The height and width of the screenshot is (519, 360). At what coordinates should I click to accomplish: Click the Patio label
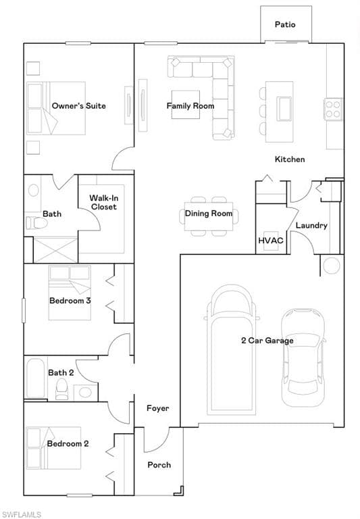285,24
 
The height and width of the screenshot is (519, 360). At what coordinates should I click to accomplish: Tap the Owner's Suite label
79,106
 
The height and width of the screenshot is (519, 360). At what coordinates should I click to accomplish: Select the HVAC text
271,241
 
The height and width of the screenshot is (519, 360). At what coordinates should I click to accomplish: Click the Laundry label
311,226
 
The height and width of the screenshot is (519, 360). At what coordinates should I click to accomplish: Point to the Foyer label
158,408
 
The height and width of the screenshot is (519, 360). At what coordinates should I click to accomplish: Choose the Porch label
159,465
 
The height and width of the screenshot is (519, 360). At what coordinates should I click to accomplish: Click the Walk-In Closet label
104,203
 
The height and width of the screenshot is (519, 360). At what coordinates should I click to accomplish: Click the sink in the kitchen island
284,108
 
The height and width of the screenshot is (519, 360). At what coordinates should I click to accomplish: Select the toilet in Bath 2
61,389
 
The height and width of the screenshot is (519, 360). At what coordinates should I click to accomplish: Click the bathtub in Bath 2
35,378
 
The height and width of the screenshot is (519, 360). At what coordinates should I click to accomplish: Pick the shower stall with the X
55,250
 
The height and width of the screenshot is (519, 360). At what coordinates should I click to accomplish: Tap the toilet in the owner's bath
36,223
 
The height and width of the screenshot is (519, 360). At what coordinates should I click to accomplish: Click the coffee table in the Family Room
186,105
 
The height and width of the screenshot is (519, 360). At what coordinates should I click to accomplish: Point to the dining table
209,216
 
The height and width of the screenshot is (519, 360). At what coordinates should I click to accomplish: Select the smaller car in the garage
303,357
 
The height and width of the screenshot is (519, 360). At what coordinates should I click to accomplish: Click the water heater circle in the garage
332,265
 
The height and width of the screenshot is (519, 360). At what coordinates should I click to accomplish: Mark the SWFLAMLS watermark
20,514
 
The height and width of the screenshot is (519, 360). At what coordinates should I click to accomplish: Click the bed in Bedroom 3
70,293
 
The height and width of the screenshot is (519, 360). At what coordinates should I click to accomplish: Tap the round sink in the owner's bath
33,191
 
